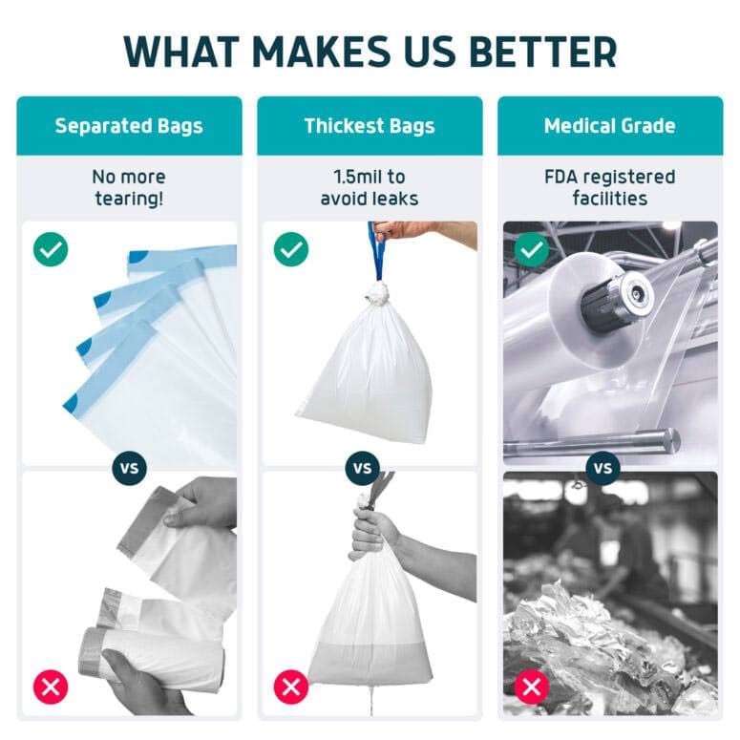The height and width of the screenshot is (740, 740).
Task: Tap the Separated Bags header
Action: tap(129, 126)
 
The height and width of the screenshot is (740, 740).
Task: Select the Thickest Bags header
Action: tap(370, 126)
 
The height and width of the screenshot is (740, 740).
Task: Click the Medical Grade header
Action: tap(609, 126)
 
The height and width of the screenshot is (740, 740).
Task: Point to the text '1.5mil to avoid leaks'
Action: tap(370, 188)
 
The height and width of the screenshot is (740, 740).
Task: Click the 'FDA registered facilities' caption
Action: tap(609, 188)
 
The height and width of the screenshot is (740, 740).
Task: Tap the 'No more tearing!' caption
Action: tap(129, 188)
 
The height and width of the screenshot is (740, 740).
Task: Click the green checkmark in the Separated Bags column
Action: tap(50, 251)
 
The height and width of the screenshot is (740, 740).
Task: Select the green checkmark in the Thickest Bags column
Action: tap(290, 251)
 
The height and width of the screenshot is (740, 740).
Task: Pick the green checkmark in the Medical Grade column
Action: tap(531, 251)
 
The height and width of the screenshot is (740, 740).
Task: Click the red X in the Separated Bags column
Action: tap(50, 686)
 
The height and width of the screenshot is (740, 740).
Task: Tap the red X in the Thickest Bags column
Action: tap(290, 686)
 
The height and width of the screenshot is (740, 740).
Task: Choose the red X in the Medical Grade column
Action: tap(531, 686)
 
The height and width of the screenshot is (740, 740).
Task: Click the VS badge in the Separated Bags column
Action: tap(129, 469)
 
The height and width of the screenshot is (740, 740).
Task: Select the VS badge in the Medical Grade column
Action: tap(603, 469)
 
